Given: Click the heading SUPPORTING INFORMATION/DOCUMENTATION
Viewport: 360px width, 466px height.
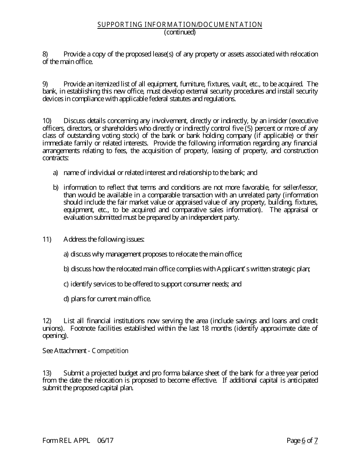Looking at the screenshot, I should coord(180,25).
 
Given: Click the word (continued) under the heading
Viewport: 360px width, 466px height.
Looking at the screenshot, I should coord(180,32).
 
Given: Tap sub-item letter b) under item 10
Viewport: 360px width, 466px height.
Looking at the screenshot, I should coord(56,188).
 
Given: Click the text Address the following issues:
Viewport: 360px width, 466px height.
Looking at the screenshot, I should coord(104,239).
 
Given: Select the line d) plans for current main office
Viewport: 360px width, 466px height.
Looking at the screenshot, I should coord(107,299).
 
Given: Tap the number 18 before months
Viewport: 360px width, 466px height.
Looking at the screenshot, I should coord(204,328).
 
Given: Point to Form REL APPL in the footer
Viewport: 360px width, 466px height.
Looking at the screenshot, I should coord(66,440).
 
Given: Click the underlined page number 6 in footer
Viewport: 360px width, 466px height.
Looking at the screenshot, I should coord(304,440).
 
